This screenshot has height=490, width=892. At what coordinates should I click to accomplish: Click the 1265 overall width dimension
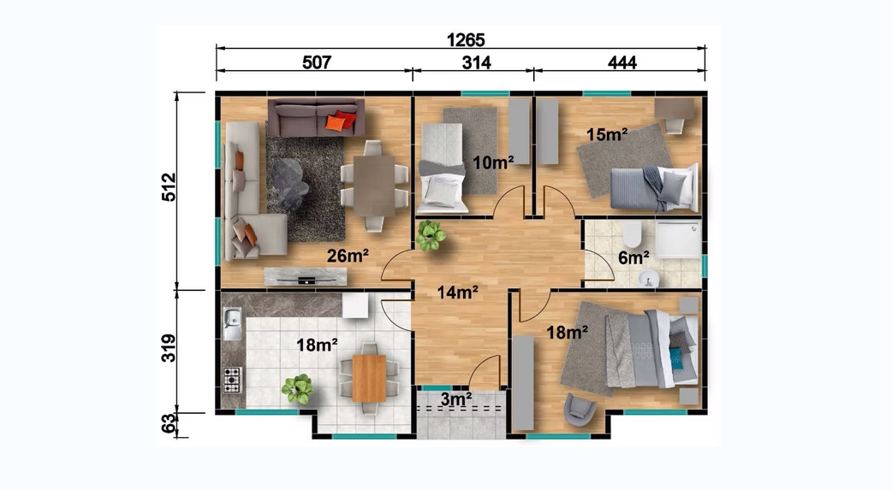(x=466, y=40)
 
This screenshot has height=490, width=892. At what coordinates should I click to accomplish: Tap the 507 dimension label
(x=316, y=62)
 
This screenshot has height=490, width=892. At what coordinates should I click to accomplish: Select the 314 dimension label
(x=476, y=62)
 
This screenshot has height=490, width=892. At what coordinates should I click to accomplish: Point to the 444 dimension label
(x=621, y=62)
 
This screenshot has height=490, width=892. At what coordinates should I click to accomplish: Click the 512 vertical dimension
(x=169, y=187)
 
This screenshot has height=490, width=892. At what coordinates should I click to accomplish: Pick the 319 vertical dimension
(x=169, y=348)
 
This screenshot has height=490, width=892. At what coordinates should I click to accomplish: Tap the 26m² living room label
(x=348, y=256)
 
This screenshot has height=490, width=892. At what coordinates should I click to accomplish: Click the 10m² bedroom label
(x=493, y=162)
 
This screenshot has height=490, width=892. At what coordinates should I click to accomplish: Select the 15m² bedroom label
(x=607, y=135)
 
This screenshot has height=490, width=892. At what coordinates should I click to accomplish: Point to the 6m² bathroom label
(x=633, y=257)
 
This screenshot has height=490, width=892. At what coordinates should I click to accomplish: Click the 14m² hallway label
(x=457, y=292)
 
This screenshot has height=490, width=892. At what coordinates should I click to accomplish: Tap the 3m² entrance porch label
(x=456, y=399)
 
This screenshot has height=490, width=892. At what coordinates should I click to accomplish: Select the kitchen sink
(x=232, y=324)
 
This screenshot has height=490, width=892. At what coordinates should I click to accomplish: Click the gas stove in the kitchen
(x=232, y=380)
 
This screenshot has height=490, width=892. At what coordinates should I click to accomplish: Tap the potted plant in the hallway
(x=430, y=235)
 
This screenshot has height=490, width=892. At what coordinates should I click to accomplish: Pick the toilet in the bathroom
(x=632, y=234)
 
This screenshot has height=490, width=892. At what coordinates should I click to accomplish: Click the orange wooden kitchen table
(x=369, y=378)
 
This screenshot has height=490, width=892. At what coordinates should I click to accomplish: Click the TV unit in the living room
(x=306, y=276)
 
